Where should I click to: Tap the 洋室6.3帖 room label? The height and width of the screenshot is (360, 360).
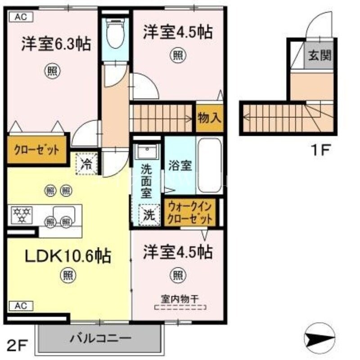click(55, 45)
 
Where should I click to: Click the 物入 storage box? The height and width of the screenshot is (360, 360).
click(209, 118)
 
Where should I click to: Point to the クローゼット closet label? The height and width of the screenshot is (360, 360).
click(36, 150)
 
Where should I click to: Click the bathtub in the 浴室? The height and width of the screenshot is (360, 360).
click(209, 166)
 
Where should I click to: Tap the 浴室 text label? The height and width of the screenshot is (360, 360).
click(180, 166)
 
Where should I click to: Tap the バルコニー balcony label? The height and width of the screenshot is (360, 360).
click(100, 338)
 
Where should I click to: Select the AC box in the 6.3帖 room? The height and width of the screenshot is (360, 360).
click(21, 18)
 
